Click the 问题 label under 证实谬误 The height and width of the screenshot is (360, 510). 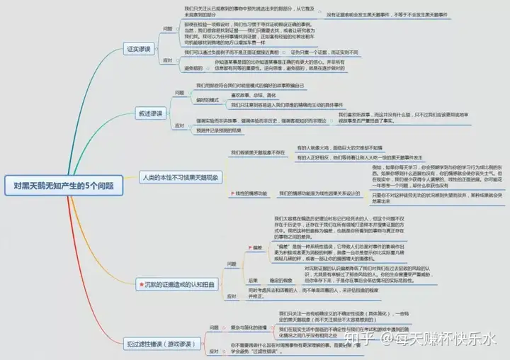click(168, 28)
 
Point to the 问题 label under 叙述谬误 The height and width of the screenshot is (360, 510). click(179, 92)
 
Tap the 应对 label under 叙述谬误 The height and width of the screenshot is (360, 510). click(179, 125)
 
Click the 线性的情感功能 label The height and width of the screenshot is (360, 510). click(247, 193)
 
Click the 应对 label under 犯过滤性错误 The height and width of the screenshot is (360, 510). click(213, 351)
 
